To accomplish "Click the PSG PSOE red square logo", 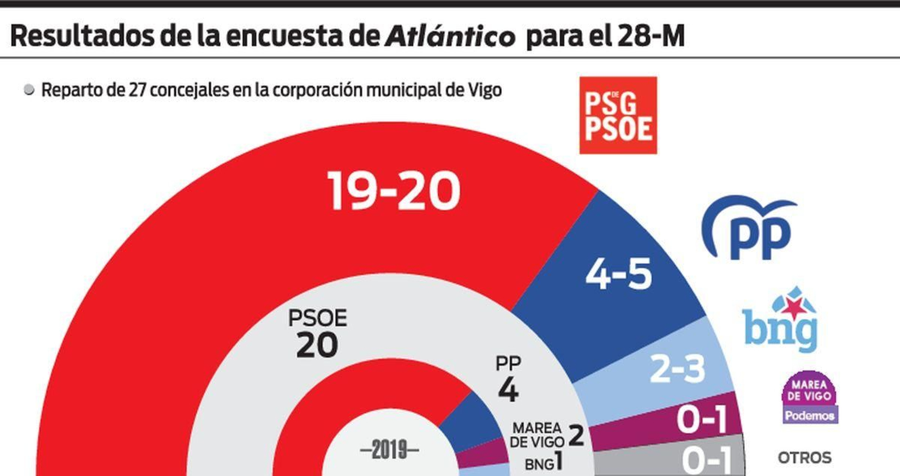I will (x=618, y=115).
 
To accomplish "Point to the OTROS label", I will (x=804, y=457).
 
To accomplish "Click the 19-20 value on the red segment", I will (x=394, y=191).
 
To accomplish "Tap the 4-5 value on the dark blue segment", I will (x=619, y=274).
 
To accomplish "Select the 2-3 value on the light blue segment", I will (x=677, y=369).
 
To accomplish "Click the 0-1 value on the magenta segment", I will (x=701, y=419).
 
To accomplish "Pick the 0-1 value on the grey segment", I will (x=706, y=460).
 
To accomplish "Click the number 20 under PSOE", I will (x=317, y=345).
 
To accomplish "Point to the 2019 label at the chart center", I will (x=389, y=450).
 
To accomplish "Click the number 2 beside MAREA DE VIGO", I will (x=576, y=436).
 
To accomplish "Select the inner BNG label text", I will (x=539, y=464).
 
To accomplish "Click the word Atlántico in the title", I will (x=449, y=37).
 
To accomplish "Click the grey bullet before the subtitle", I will (x=29, y=90).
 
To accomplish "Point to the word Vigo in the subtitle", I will (x=484, y=90).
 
